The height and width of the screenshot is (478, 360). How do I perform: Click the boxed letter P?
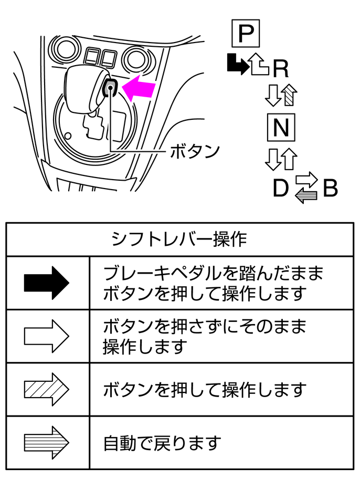pos(245,34)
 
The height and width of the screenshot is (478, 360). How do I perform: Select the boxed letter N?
pos(281,128)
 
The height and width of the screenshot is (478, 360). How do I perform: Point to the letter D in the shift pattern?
pos(281,189)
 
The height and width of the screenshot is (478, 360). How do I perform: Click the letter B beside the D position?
pos(330,189)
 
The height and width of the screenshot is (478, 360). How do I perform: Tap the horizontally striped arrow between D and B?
pos(306,196)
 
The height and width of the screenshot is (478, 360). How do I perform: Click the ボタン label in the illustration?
pos(194,151)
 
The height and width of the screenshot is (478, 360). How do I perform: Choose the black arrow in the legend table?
pos(46,283)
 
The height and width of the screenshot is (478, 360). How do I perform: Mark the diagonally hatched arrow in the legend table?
pos(46,389)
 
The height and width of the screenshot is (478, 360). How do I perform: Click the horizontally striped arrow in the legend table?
pos(46,442)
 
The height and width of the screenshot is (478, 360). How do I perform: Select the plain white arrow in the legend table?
pos(46,336)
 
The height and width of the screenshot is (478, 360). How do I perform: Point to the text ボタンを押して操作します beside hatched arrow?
pos(205,390)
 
